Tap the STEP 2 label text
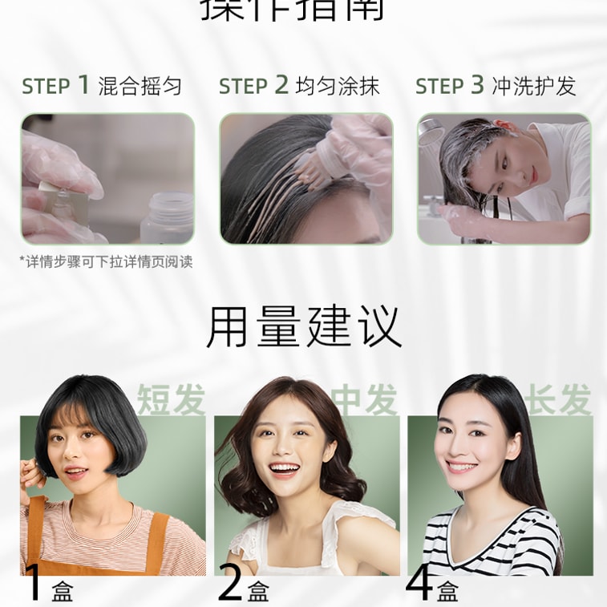253,86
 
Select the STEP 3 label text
449,86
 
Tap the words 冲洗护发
534,86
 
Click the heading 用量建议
303,326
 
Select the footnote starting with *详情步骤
106,261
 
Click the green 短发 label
171,399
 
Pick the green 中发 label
366,399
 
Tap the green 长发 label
559,399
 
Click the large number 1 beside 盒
34,584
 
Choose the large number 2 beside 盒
230,584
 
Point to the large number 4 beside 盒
420,584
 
